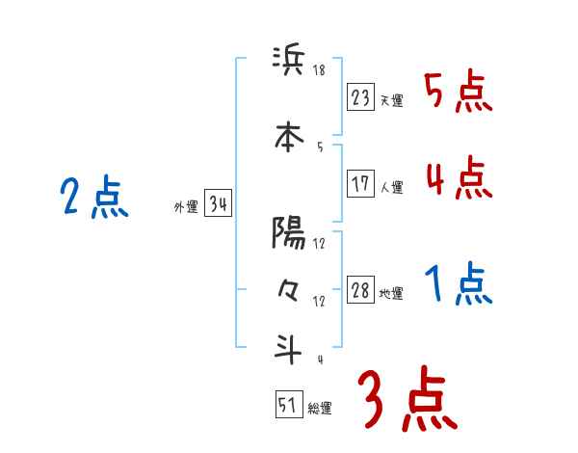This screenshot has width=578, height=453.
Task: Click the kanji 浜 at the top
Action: pyautogui.click(x=288, y=63)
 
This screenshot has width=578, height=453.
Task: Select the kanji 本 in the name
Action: pyautogui.click(x=288, y=136)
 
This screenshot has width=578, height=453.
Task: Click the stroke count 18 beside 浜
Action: pyautogui.click(x=320, y=70)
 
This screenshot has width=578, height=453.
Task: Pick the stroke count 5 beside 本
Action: pyautogui.click(x=320, y=147)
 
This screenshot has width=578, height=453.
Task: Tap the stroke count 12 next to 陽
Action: pyautogui.click(x=320, y=244)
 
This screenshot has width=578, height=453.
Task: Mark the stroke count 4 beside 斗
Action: pyautogui.click(x=320, y=359)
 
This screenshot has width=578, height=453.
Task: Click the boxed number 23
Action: pyautogui.click(x=361, y=96)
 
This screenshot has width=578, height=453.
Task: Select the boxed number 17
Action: pyautogui.click(x=361, y=183)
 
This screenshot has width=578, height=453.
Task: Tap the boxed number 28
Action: pyautogui.click(x=361, y=291)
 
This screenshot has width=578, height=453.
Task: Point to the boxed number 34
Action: pyautogui.click(x=218, y=204)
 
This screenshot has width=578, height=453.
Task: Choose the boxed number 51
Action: pyautogui.click(x=287, y=405)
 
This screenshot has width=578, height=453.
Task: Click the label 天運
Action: pyautogui.click(x=391, y=100)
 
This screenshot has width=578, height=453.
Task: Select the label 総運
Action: pyautogui.click(x=319, y=409)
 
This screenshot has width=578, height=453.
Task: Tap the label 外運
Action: pyautogui.click(x=185, y=207)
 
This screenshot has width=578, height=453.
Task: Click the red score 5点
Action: pyautogui.click(x=458, y=93)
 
